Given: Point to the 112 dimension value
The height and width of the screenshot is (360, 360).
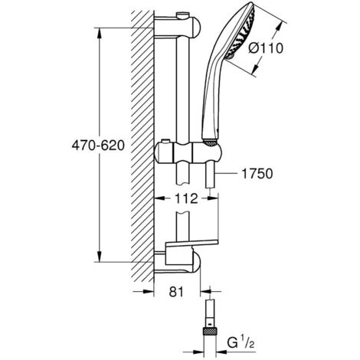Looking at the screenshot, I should click(181, 199).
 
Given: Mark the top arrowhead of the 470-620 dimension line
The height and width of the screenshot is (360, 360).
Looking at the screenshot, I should click(100, 27).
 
